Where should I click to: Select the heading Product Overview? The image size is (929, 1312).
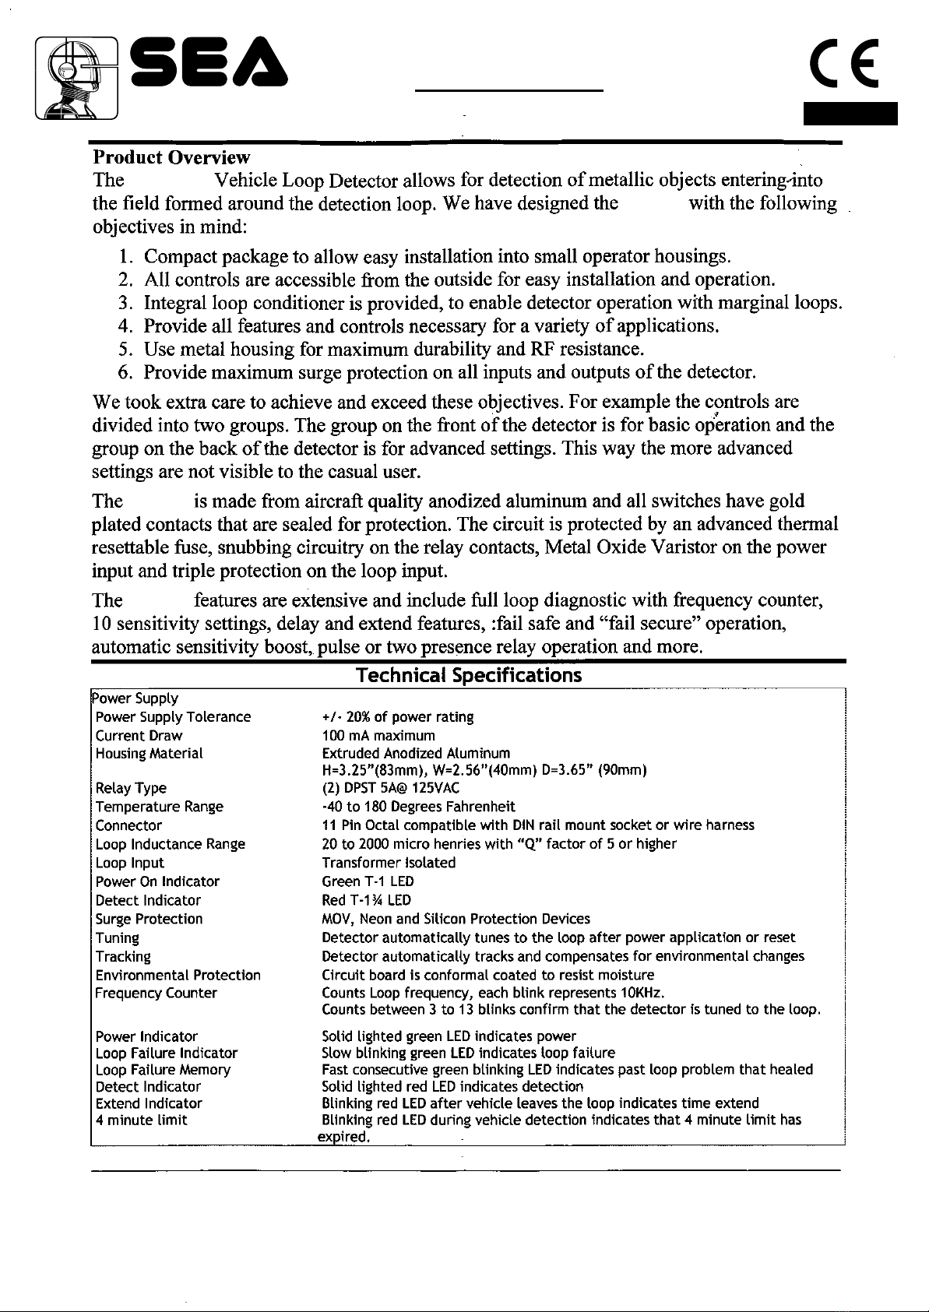point(171,159)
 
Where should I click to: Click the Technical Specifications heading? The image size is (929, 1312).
point(468,675)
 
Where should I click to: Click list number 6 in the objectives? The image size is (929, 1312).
point(125,371)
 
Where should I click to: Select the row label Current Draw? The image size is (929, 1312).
point(139,736)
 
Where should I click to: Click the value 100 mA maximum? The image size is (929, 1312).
point(378,736)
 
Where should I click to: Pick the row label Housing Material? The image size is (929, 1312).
point(149,754)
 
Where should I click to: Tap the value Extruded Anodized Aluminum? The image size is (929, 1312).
point(416,754)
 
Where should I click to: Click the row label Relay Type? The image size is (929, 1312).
point(131,789)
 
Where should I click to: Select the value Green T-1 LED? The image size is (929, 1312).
point(368,882)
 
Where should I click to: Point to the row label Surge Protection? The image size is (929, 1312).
point(149,920)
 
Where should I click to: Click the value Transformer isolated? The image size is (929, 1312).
point(389,863)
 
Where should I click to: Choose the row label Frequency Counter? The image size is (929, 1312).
point(156,994)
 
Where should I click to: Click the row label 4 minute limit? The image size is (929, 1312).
point(141,1120)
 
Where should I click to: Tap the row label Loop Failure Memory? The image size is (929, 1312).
point(163,1070)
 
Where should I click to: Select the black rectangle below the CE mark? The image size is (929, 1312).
point(851,114)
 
